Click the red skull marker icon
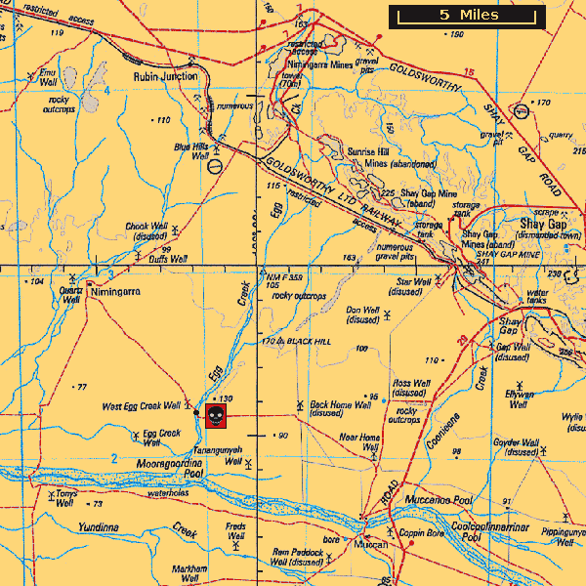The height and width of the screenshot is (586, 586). coord(215,416)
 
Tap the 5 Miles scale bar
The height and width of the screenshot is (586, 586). coord(468,16)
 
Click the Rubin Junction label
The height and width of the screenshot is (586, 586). coord(165,76)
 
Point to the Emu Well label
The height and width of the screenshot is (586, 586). coord(47,77)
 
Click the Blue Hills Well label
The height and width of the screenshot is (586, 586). coord(192,150)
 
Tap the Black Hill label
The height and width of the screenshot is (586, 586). coord(309,342)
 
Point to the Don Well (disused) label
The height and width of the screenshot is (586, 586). coord(362,314)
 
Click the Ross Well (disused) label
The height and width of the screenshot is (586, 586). coord(411,389)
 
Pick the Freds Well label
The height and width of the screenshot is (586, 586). coord(235,531)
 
